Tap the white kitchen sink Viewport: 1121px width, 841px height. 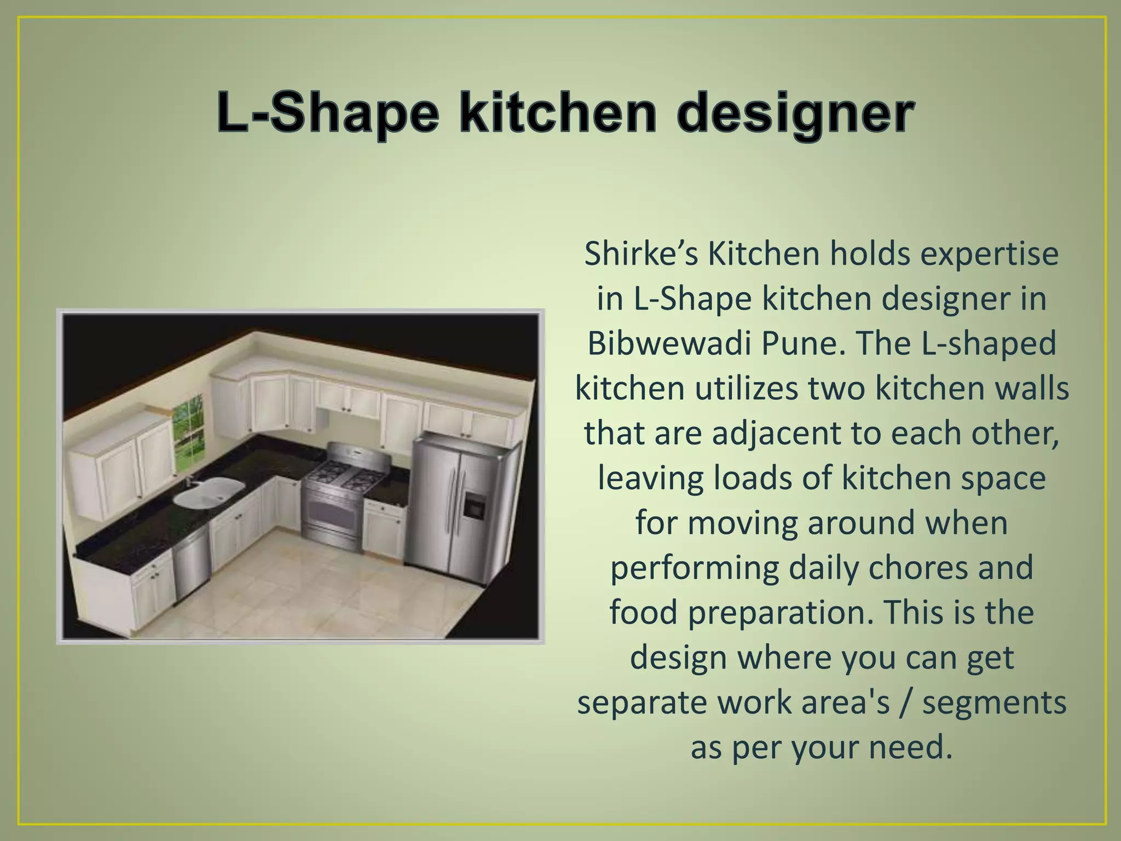pyautogui.click(x=208, y=493)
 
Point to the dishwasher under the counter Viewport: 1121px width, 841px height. pyautogui.click(x=192, y=564)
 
